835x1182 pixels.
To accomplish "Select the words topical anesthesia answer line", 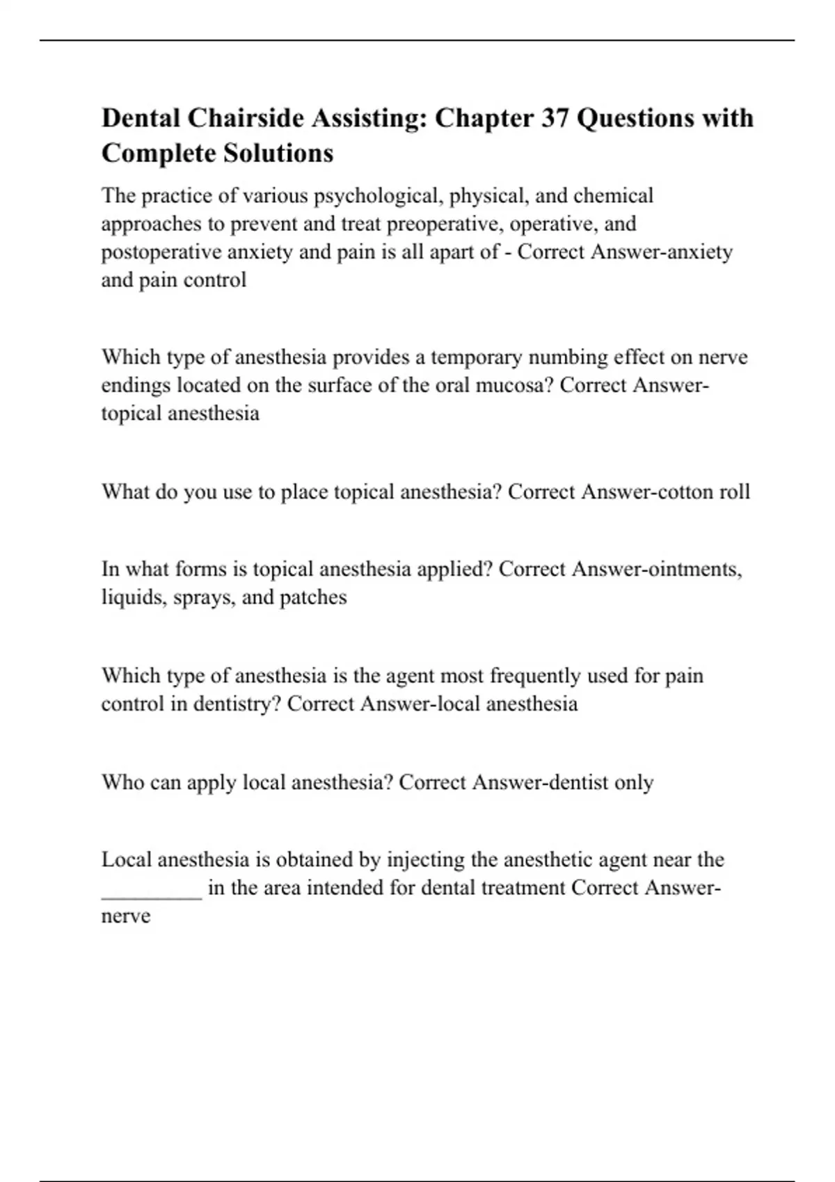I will pyautogui.click(x=180, y=414).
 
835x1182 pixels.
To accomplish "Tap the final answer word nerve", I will pyautogui.click(x=126, y=916).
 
